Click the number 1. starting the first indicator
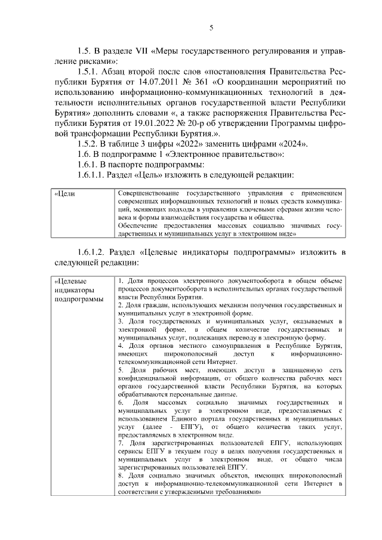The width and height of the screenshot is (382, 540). click(121, 280)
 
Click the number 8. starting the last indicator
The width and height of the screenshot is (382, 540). click(121, 475)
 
